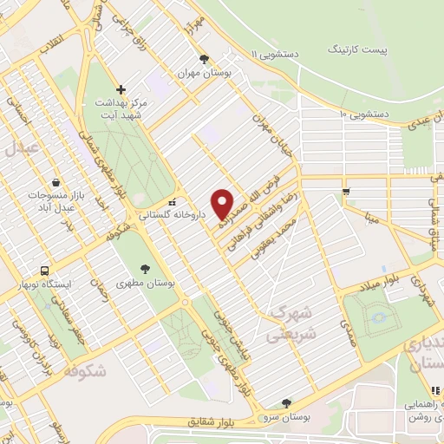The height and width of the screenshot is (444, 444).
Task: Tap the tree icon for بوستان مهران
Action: (x=204, y=59)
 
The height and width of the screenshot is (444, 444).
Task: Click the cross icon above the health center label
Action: (x=121, y=88)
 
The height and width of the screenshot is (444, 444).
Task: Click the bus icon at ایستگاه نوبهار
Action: (x=45, y=270)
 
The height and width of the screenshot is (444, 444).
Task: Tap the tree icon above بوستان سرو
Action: (x=286, y=402)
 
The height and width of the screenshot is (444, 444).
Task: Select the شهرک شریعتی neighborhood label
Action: (x=292, y=322)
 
